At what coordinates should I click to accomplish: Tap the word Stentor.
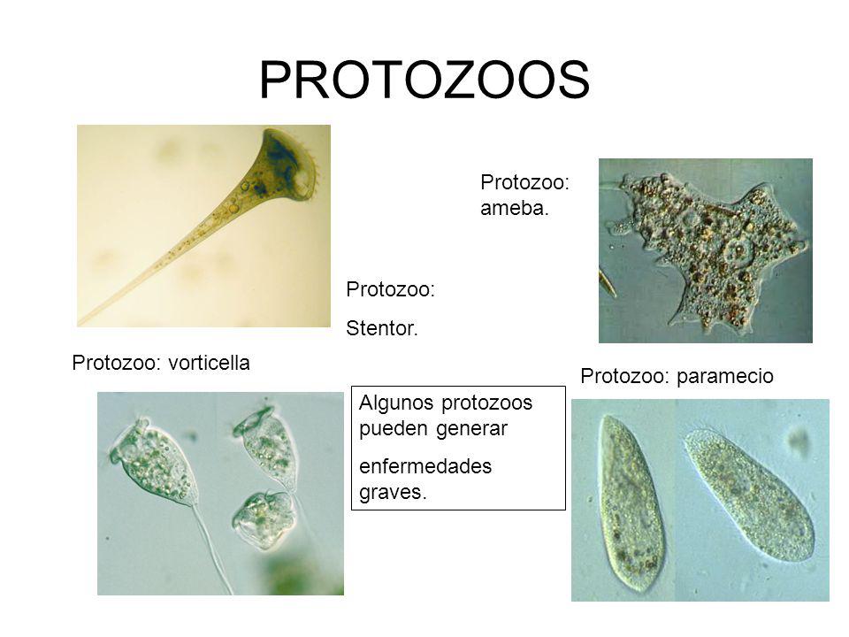tap(381, 329)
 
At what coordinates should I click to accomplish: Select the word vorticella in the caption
tap(207, 363)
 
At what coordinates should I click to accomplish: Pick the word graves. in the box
tap(394, 492)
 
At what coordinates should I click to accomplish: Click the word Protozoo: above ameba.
tap(524, 182)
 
